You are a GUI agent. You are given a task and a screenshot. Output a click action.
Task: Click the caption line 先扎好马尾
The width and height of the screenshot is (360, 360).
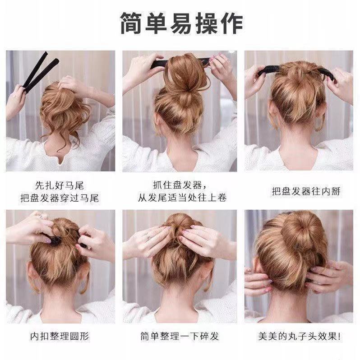click(60, 185)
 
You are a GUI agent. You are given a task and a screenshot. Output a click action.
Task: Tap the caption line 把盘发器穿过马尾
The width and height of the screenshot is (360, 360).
click(60, 198)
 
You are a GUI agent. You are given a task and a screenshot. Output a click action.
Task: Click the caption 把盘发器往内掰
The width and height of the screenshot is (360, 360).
click(299, 192)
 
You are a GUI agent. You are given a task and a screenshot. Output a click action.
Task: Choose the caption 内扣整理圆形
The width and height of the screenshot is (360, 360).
click(60, 336)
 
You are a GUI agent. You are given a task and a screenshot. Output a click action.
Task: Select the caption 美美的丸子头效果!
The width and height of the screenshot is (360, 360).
click(299, 336)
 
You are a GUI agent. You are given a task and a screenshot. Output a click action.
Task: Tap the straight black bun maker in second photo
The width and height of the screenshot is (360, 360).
click(158, 64)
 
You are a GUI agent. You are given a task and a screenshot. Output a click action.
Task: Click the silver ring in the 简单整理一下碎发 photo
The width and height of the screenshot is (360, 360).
click(147, 235)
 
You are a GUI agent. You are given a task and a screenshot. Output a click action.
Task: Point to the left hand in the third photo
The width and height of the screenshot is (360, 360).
click(254, 81)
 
